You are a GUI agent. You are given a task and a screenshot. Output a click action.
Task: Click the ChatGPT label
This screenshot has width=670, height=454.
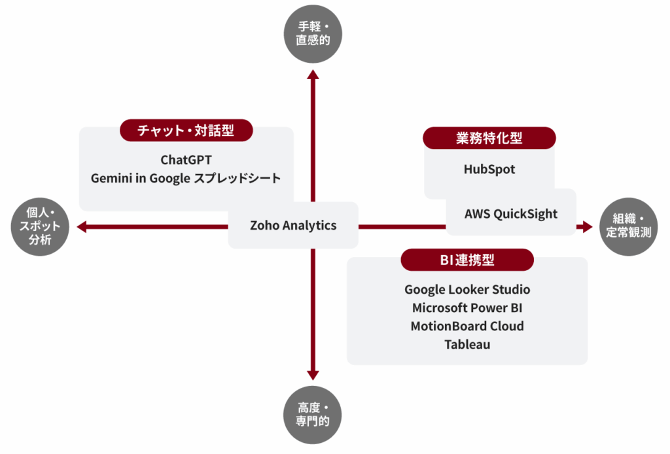[x=186, y=160]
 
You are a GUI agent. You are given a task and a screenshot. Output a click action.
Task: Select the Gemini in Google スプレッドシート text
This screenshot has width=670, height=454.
[x=186, y=178]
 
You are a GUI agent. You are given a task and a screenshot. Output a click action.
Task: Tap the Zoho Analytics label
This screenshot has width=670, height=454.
[x=293, y=225]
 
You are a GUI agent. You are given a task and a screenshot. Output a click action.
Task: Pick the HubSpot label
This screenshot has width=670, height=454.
[x=489, y=169]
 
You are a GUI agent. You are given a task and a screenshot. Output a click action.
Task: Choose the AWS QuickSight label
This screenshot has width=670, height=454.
[x=511, y=213]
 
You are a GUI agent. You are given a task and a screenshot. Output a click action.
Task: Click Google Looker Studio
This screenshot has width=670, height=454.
[x=467, y=289]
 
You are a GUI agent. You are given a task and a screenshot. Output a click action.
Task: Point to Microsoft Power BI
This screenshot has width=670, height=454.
[x=467, y=307]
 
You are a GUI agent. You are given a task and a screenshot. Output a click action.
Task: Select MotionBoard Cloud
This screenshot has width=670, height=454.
[x=467, y=326]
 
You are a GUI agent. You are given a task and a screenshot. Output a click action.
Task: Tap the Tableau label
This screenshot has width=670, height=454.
[x=467, y=344]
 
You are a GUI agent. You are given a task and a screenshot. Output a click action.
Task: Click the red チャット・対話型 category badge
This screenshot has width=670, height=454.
[x=186, y=131]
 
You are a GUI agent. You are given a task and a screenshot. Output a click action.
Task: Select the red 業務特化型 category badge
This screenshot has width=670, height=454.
[x=489, y=138]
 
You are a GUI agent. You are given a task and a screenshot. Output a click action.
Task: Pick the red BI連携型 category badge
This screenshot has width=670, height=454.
[x=467, y=260]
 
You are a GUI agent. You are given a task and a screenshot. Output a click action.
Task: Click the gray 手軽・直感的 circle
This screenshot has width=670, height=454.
[x=313, y=34]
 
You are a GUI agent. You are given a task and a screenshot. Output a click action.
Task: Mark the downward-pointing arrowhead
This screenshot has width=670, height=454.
[x=313, y=375]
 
